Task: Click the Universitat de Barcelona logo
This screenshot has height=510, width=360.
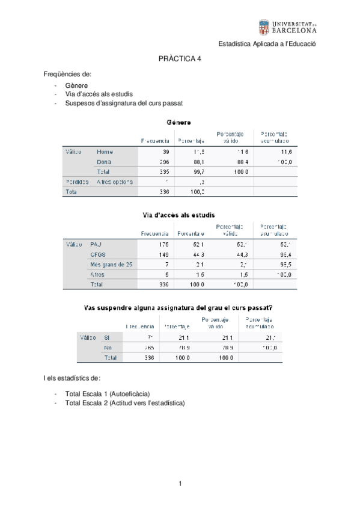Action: [287, 27]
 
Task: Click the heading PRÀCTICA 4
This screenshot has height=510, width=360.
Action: [180, 60]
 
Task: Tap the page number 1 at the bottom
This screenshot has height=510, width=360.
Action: [180, 484]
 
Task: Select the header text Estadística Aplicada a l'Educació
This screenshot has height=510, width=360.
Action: [267, 44]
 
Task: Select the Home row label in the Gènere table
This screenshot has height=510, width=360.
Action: [105, 152]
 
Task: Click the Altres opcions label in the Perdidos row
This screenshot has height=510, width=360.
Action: [114, 182]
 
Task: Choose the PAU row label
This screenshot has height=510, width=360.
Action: [96, 244]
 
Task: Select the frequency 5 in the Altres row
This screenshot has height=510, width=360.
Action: [166, 274]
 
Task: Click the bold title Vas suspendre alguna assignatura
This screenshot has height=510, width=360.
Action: [180, 307]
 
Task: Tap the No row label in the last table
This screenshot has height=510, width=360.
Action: [109, 348]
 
